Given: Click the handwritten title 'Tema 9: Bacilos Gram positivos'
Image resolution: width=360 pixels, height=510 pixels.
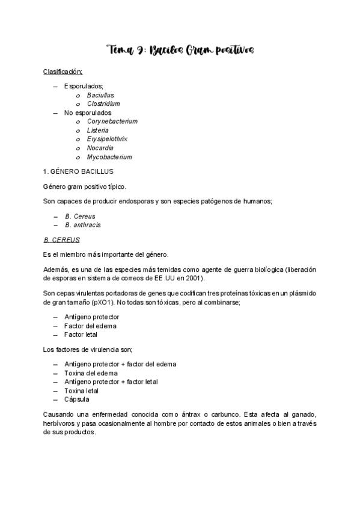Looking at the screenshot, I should (180, 50).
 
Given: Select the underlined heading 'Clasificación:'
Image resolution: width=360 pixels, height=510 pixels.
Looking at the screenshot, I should (63, 72).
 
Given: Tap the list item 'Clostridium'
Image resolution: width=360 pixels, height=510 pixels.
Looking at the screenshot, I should (103, 103).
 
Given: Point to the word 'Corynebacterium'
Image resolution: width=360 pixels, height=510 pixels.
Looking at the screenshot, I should (112, 121).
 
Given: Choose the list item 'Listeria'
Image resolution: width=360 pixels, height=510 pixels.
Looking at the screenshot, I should (98, 131).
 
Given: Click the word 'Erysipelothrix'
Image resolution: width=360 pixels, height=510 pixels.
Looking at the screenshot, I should (108, 140).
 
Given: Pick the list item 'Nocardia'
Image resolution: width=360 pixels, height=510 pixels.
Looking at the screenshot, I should (100, 148).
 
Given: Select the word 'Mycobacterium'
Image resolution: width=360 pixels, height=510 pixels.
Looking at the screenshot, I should (109, 157).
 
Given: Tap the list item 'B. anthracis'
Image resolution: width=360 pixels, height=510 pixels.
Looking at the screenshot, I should (83, 225).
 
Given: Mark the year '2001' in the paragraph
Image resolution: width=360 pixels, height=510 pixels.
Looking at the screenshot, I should (197, 278).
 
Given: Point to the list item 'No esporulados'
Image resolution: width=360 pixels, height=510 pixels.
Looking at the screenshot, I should (87, 112).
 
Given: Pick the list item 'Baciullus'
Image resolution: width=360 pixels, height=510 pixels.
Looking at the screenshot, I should (100, 95).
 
